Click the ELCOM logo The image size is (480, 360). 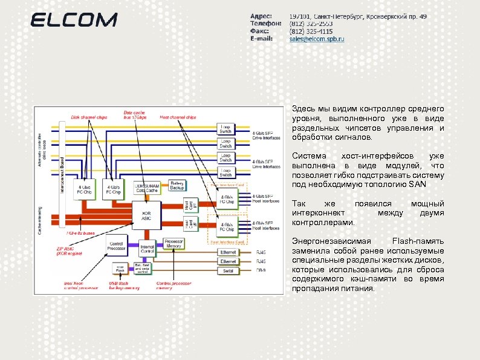(74, 20)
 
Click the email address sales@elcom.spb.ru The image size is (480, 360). (316, 39)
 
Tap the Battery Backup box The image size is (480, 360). (177, 185)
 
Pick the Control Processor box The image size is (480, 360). (117, 244)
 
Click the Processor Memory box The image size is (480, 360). (174, 242)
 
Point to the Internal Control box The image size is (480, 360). (147, 249)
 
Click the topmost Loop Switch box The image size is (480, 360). (225, 129)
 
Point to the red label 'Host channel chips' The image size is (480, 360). (178, 117)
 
